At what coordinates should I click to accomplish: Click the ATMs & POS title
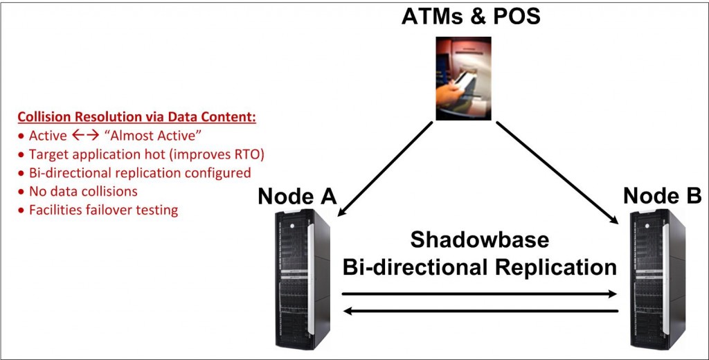point(471,17)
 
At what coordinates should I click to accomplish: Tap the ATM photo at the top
point(463,78)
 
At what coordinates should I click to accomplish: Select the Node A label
point(298,197)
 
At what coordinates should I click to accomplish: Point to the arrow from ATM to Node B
point(557,172)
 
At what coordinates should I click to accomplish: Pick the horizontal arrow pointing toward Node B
point(479,294)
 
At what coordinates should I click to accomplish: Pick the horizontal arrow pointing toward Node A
point(481,311)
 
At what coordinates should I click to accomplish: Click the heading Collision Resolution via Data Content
point(137,117)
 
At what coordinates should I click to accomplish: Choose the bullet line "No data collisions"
point(78,191)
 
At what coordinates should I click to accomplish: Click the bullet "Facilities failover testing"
point(98,210)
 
